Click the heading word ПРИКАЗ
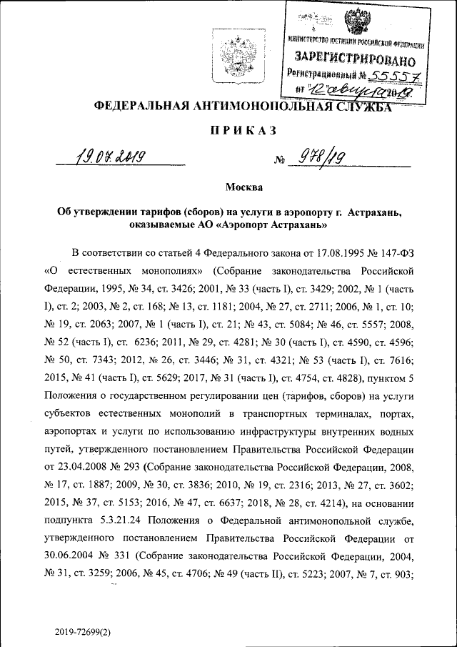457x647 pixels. pos(228,131)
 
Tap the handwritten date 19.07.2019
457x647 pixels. pos(109,156)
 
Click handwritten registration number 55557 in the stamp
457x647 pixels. pos(391,74)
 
